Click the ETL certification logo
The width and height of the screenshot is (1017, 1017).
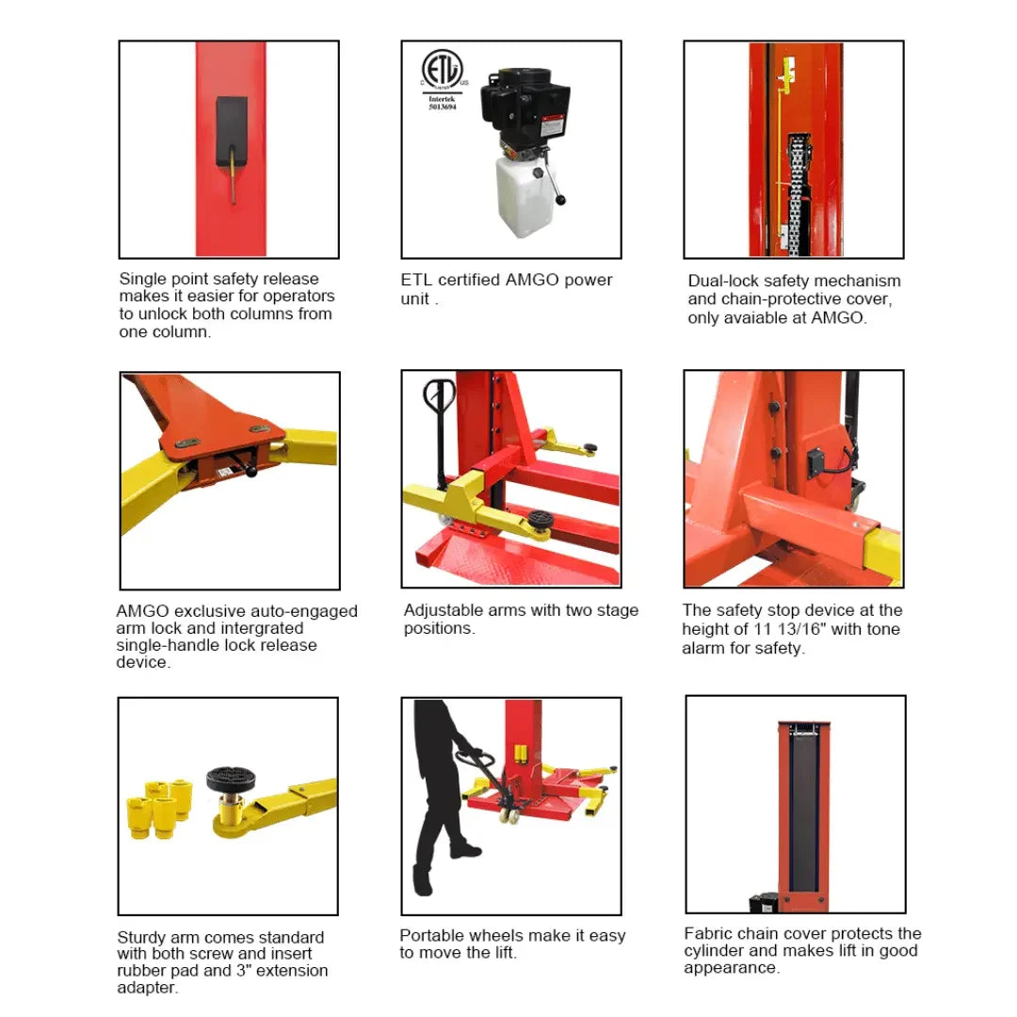tap(442, 71)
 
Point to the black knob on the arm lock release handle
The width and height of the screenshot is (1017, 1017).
tap(252, 475)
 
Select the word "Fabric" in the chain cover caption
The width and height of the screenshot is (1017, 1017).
tap(709, 933)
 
